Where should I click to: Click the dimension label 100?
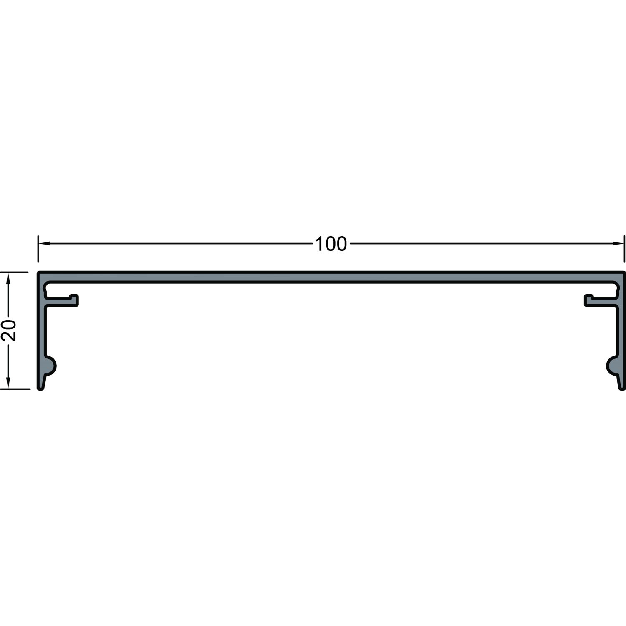point(331,244)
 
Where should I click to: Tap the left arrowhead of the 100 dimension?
point(43,243)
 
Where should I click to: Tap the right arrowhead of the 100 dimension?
point(618,243)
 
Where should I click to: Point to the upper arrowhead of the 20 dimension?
point(8,278)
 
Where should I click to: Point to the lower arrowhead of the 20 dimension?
point(8,384)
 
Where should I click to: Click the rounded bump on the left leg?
point(51,366)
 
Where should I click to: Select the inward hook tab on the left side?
point(63,300)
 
